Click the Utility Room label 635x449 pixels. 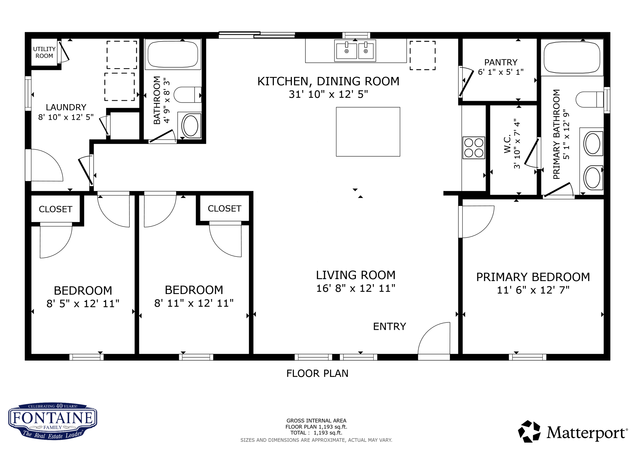tap(44, 52)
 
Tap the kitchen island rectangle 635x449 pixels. tap(368, 132)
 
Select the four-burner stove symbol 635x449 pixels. tap(474, 148)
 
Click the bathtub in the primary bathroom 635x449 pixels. tap(572, 58)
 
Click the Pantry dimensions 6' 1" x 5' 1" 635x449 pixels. tap(501, 72)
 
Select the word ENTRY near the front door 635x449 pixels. tap(389, 326)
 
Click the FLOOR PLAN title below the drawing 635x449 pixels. tap(317, 373)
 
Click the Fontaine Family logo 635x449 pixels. tap(52, 421)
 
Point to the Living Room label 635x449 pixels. tap(356, 275)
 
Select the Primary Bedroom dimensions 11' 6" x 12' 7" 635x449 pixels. tap(533, 290)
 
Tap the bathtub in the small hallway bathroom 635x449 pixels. tap(173, 54)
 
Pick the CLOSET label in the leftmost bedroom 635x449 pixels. tap(56, 209)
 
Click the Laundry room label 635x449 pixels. tap(66, 107)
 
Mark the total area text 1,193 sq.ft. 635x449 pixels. tap(328, 433)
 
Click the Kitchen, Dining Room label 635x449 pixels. tap(328, 81)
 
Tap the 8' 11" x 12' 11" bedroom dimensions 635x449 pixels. tap(194, 303)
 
